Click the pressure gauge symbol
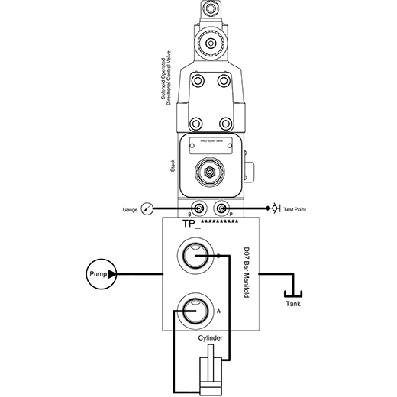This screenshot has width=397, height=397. tap(146, 208)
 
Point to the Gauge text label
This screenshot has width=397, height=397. tap(128, 208)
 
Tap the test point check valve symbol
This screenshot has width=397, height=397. tap(273, 208)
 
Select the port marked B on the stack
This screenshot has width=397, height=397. tap(198, 208)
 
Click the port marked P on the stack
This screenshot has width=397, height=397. tap(221, 208)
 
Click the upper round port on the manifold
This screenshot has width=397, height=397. tap(197, 256)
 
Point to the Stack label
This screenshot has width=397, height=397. tap(173, 164)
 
